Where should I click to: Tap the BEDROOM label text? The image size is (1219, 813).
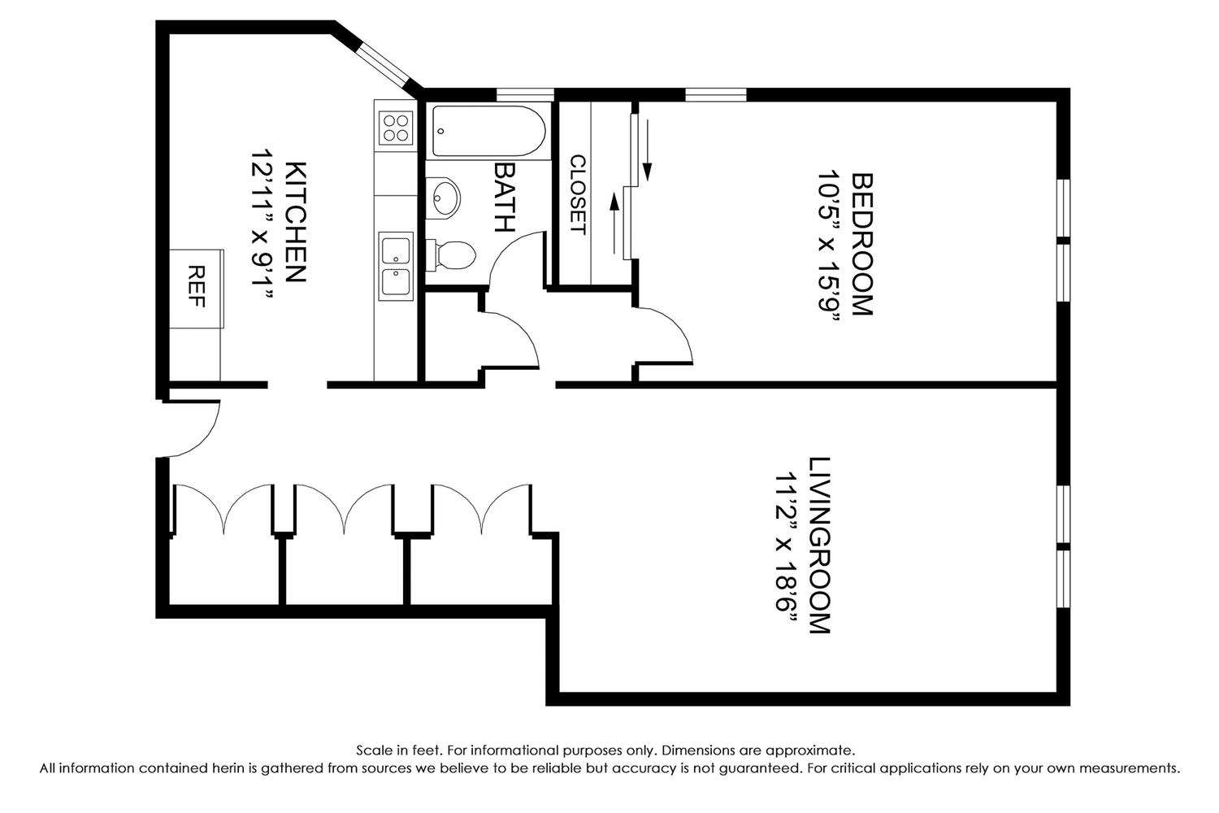click(x=862, y=244)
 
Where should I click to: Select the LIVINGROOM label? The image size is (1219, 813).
click(x=819, y=545)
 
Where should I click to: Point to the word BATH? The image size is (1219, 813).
click(x=504, y=198)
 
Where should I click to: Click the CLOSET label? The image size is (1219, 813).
click(x=578, y=195)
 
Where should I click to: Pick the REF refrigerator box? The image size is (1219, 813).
click(x=197, y=289)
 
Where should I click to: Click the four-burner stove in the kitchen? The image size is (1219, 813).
click(x=396, y=128)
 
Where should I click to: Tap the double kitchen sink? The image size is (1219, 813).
click(x=396, y=267)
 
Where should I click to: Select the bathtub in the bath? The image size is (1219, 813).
click(x=488, y=131)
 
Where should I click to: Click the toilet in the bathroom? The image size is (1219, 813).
click(x=451, y=254)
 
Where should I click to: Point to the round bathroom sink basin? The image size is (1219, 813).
click(x=445, y=198)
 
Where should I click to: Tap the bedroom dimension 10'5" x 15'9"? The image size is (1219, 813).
click(x=829, y=248)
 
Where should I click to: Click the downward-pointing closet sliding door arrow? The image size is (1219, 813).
click(x=647, y=150)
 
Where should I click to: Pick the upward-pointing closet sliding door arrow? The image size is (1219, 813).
click(x=614, y=224)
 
